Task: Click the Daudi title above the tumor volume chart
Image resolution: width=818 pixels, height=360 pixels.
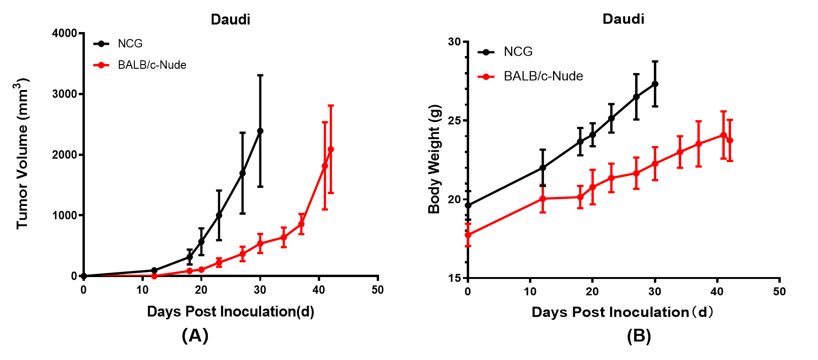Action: point(230,19)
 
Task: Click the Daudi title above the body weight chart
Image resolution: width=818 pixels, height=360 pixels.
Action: point(623,19)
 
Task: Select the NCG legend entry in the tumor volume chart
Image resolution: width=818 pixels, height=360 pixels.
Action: point(130,44)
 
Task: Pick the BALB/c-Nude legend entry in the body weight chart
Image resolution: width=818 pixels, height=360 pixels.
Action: point(543,76)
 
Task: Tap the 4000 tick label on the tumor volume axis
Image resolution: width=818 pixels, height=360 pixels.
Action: point(65,33)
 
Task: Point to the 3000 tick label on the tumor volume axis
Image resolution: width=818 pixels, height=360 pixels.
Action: point(65,94)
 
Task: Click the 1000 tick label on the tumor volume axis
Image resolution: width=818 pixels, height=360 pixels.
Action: point(65,215)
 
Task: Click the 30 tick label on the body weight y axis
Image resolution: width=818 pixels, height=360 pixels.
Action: point(454,42)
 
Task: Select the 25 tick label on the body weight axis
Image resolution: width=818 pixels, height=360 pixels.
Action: point(454,121)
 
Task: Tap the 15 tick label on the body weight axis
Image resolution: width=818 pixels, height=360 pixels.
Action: point(454,278)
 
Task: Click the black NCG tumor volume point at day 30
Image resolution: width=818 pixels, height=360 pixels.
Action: point(260,131)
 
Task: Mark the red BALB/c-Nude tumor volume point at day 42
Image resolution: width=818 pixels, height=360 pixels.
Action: point(331,149)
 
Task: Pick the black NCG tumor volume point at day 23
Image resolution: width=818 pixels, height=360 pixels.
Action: point(219,215)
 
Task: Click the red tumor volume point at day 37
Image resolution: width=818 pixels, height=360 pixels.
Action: point(301,224)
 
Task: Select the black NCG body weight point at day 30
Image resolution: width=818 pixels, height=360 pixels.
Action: point(655,84)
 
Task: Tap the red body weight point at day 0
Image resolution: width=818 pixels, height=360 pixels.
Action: point(468,235)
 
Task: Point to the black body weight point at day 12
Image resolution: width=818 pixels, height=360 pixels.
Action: point(543,168)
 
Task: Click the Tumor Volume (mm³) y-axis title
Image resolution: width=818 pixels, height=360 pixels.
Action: point(22,154)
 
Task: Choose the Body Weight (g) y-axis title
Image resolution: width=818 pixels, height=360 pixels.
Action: point(434,159)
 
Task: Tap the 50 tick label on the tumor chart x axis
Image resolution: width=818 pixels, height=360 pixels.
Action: point(377,290)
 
